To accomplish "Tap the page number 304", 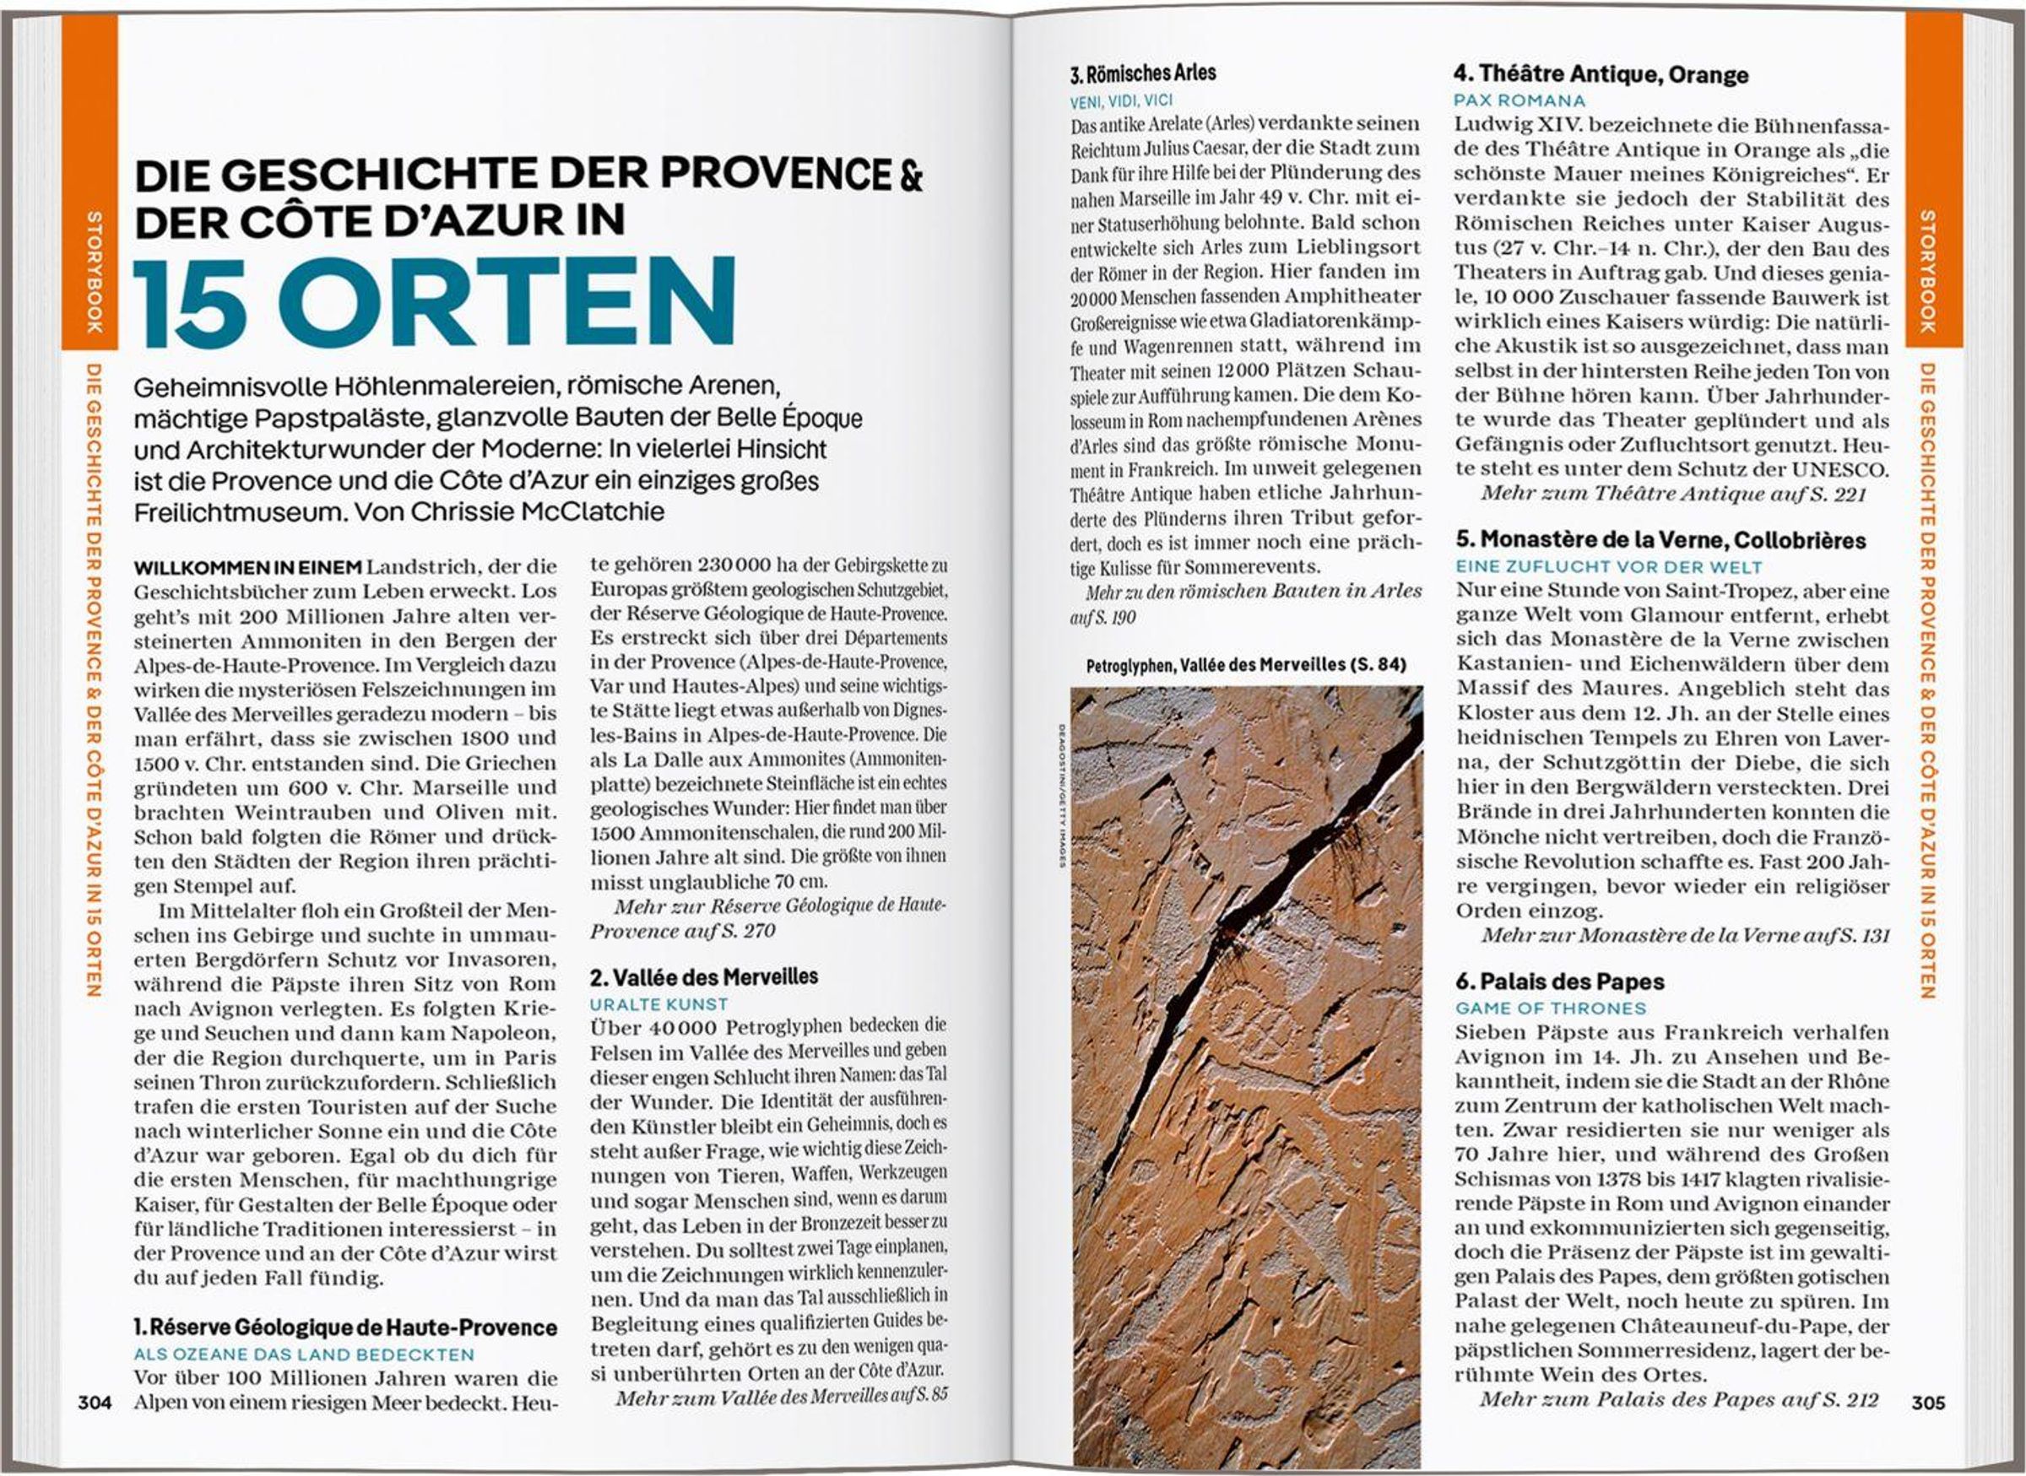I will pos(95,1402).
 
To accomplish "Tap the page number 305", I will pos(1928,1402).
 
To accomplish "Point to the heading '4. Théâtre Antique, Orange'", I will pos(1600,74).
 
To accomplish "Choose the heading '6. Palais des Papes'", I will pos(1559,982).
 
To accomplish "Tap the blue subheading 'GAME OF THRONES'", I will pos(1551,1008).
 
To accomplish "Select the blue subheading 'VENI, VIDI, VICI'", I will pos(1122,101).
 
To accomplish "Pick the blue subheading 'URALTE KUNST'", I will pos(658,1004).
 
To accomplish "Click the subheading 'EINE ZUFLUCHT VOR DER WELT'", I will pos(1609,566).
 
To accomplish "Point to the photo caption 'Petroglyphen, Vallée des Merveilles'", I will pos(1245,665).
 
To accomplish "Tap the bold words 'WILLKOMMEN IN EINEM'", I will pos(247,566).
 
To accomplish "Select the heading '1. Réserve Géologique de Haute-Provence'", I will pos(345,1327).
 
